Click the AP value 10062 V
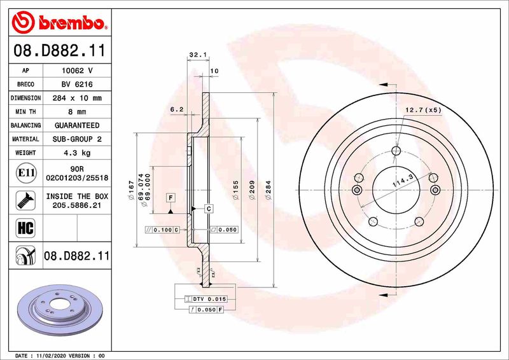tap(77, 71)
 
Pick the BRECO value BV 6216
tap(77, 84)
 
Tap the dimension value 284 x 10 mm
tap(77, 98)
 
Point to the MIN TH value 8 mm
tap(77, 112)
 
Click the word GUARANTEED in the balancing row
tap(77, 125)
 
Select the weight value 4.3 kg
tap(77, 153)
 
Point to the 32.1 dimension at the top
tap(196, 56)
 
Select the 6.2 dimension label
tap(177, 109)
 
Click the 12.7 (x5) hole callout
tap(424, 110)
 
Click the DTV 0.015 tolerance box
tap(205, 298)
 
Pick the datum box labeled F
tap(171, 198)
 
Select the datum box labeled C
tap(207, 209)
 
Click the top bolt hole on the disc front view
tap(396, 151)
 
